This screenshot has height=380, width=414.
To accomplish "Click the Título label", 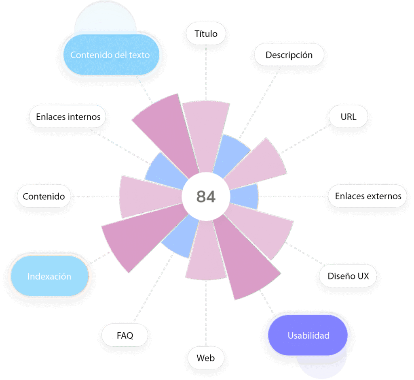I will (206, 34).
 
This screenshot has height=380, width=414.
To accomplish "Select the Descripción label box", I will (289, 55).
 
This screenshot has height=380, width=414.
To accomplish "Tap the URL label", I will (349, 117).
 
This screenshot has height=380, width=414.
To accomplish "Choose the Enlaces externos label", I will (368, 196).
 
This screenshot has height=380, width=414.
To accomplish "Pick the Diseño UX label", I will (348, 277).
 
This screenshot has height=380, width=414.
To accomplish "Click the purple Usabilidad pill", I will (308, 335).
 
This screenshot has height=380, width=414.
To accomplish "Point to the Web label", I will (205, 358).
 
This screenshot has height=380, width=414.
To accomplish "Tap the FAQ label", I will (125, 335).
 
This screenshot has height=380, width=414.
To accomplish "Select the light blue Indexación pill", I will (49, 277).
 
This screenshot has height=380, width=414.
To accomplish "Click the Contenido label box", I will (44, 196).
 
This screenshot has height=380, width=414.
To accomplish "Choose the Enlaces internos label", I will (68, 117).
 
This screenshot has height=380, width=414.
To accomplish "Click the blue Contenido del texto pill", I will (110, 55).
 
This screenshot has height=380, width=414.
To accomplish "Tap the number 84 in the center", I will (206, 196).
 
